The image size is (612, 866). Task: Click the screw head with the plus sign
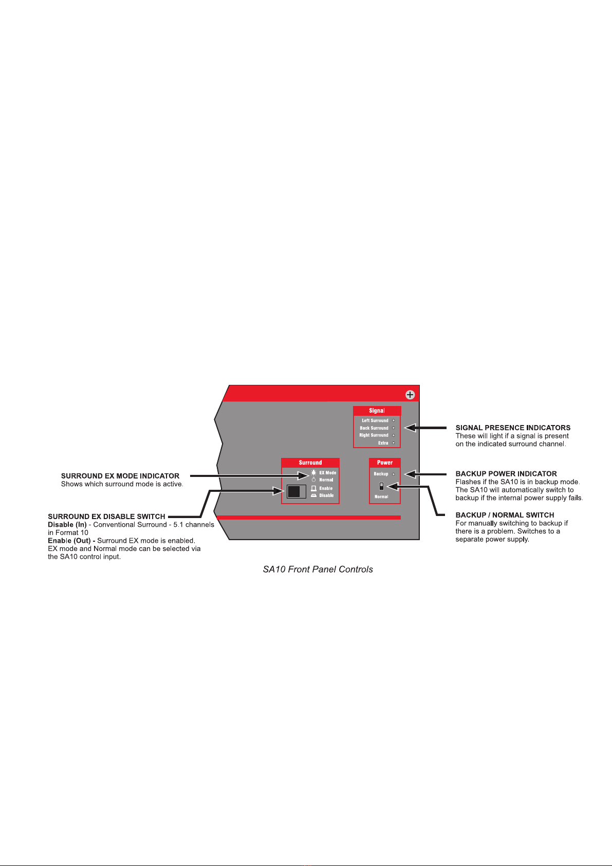(410, 395)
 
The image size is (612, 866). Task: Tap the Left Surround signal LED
(394, 420)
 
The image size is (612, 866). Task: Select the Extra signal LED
(394, 443)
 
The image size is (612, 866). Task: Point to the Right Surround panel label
(374, 435)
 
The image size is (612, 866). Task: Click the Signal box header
(377, 411)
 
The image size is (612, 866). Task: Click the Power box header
(384, 463)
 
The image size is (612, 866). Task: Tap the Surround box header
(310, 463)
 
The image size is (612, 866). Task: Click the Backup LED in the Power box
(394, 474)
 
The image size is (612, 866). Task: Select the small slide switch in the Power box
(381, 486)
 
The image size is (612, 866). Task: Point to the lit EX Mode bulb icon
(313, 472)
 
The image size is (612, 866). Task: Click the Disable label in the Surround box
(326, 496)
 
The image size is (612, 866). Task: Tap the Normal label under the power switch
(381, 497)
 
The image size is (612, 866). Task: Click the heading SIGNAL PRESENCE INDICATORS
(513, 428)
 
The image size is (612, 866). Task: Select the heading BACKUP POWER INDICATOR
(506, 474)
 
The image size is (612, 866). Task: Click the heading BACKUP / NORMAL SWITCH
(505, 515)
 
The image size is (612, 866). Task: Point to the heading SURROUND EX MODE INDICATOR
(120, 476)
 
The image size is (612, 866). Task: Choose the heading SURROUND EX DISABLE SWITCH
(106, 517)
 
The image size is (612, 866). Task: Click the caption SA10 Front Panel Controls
(318, 569)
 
